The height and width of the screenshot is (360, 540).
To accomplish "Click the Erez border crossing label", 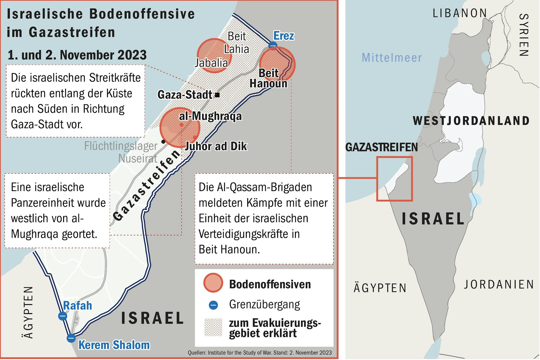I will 283,36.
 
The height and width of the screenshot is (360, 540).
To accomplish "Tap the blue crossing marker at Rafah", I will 63,316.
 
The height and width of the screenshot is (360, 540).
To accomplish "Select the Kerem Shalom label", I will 114,345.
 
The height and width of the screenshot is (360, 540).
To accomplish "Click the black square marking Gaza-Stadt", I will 217,95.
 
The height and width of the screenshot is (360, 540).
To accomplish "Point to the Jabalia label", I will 211,63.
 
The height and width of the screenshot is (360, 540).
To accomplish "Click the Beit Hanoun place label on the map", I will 269,78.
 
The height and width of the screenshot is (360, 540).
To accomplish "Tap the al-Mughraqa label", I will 210,116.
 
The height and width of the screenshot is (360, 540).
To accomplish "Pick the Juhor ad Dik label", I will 216,146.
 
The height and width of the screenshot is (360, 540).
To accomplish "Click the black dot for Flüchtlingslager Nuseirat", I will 163,141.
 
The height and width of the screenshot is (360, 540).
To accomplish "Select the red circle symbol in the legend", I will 213,283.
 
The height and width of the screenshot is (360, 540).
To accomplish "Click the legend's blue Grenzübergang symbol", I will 213,305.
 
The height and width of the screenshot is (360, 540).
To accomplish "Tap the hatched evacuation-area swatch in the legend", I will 213,327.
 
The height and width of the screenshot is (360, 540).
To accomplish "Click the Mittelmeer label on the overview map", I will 392,58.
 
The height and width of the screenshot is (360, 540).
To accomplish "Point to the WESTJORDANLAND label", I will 471,121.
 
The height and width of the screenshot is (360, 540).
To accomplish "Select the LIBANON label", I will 460,13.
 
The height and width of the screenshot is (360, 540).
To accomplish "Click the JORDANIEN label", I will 499,284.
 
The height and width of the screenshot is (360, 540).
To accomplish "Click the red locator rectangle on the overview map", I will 395,157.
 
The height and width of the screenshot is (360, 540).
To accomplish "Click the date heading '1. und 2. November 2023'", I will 77,55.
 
